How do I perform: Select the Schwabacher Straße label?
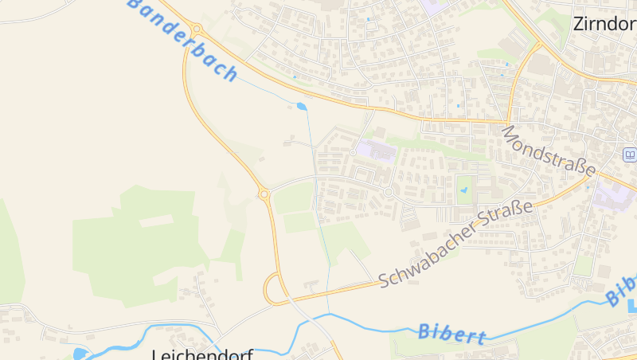pyautogui.click(x=455, y=245)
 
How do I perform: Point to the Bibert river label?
pyautogui.click(x=451, y=333)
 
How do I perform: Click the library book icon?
pyautogui.click(x=630, y=155)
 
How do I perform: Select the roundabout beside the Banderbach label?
pyautogui.click(x=196, y=29)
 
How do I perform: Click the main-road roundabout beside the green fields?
pyautogui.click(x=264, y=194)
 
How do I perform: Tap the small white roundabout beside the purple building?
pyautogui.click(x=352, y=152)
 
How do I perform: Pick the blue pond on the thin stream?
pyautogui.click(x=302, y=105)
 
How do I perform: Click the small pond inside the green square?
pyautogui.click(x=463, y=190)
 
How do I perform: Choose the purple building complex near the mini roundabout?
pyautogui.click(x=375, y=150)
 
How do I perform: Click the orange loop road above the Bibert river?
pyautogui.click(x=273, y=289)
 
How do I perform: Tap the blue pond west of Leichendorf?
pyautogui.click(x=80, y=354)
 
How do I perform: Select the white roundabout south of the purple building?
pyautogui.click(x=389, y=192)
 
